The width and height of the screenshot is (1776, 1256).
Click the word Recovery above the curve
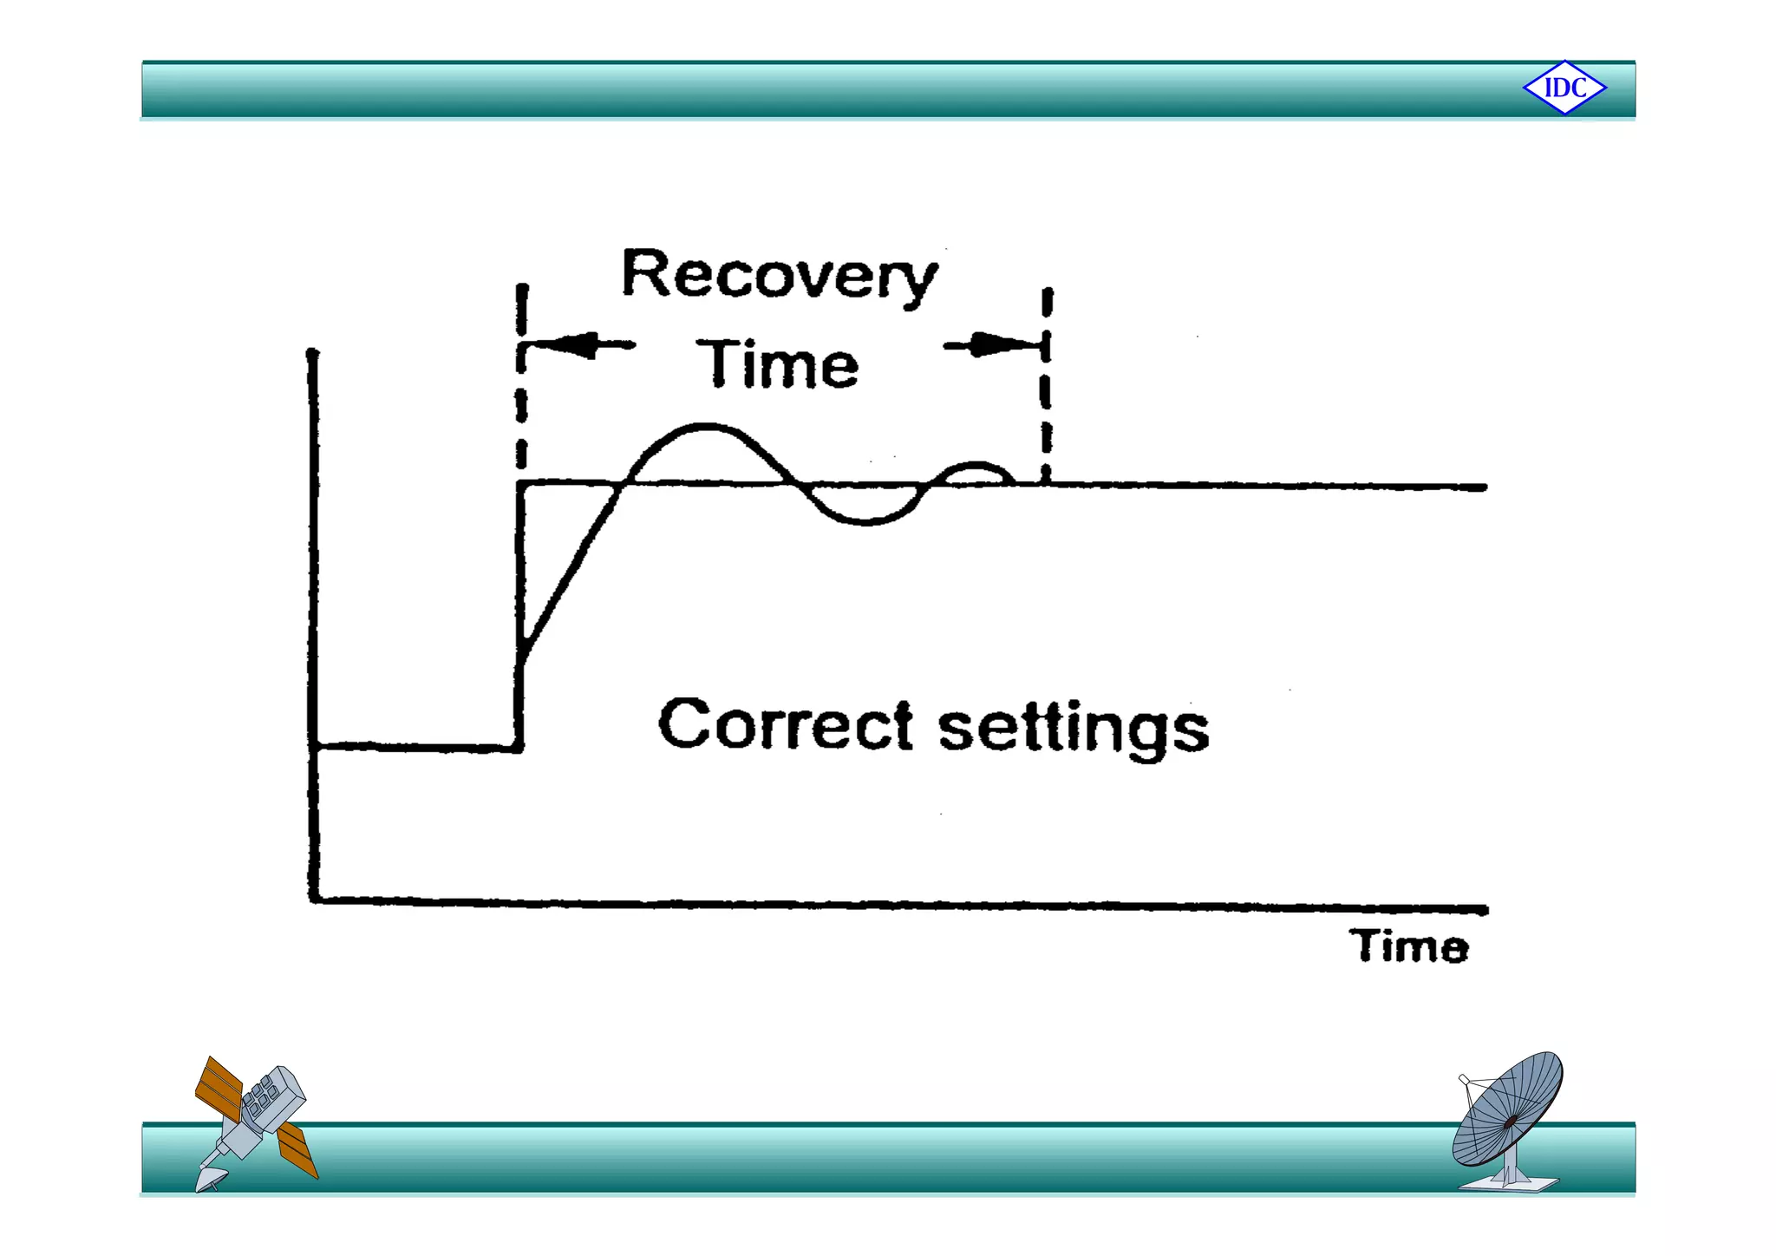click(779, 276)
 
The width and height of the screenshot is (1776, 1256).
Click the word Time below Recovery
click(778, 365)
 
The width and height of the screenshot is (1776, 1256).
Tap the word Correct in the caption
click(785, 725)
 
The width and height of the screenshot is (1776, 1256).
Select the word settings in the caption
click(1074, 729)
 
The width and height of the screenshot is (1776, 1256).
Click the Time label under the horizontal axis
click(1408, 946)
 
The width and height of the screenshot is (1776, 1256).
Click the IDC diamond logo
click(1564, 88)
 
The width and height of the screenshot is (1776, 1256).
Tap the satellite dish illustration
click(1509, 1119)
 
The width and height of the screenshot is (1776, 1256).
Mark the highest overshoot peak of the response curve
click(707, 426)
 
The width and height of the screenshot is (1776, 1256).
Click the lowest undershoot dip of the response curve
click(867, 521)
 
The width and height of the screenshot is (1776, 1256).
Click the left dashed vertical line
click(521, 390)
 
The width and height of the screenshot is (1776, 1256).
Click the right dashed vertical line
click(1047, 390)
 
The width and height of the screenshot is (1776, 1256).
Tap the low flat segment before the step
click(416, 746)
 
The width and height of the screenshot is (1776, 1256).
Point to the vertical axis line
click(313, 607)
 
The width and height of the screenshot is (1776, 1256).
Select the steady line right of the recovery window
click(1266, 486)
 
